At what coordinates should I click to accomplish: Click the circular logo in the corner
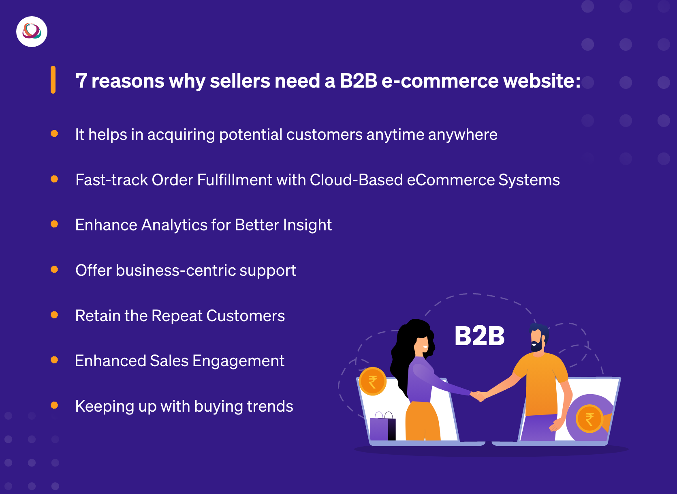point(32,32)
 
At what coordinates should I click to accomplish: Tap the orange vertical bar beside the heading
point(53,79)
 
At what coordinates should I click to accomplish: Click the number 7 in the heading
point(81,81)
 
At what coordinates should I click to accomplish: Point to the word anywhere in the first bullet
point(463,135)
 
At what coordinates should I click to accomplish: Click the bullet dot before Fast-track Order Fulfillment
point(54,179)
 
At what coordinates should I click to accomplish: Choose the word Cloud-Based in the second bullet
point(357,180)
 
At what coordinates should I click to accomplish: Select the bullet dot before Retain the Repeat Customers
point(54,315)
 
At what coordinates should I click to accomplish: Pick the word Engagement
point(239,361)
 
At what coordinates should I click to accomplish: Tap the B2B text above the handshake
point(480,336)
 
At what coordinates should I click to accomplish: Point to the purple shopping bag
point(382,426)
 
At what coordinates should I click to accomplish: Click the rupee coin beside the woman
point(373,382)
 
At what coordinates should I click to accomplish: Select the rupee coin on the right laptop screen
point(589,419)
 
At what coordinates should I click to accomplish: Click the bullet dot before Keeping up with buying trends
point(54,405)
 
